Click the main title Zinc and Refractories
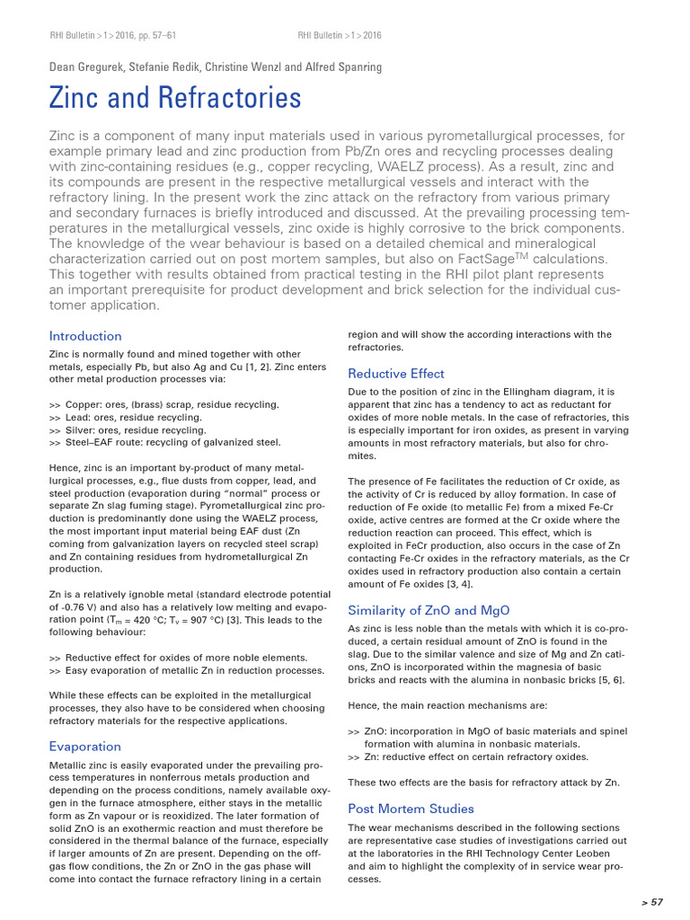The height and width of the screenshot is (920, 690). [x=175, y=98]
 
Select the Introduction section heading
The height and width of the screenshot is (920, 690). [x=85, y=336]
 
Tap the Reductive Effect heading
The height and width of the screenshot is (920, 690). [x=396, y=373]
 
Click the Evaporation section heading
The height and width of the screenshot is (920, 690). [x=84, y=746]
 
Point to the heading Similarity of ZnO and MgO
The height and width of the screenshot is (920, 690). [x=429, y=610]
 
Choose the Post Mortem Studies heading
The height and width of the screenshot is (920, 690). [x=411, y=809]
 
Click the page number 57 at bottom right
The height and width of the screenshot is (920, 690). [x=652, y=901]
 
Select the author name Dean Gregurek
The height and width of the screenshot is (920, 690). [x=88, y=66]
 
